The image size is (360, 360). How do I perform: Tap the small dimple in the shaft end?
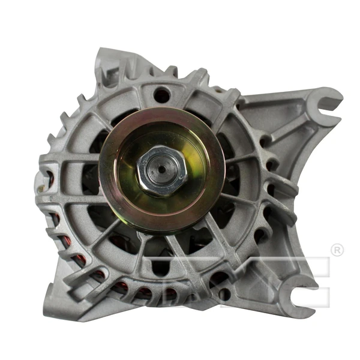[161, 169]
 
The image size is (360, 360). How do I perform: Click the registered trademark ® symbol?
[337, 250]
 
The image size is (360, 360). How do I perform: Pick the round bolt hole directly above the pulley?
[160, 94]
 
